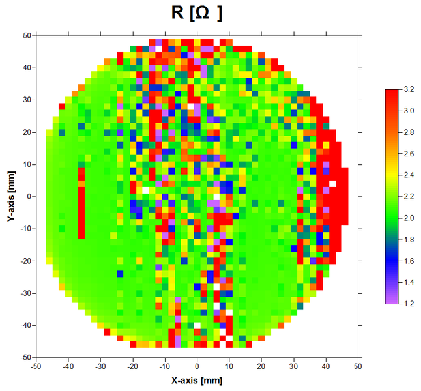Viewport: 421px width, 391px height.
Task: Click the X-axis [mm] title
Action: pos(196,379)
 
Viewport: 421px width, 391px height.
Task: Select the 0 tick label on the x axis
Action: pos(197,367)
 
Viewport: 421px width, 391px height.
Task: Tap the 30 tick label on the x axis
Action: pos(294,367)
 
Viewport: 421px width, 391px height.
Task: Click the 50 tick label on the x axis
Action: pos(358,367)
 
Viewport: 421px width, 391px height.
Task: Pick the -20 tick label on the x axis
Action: pos(132,367)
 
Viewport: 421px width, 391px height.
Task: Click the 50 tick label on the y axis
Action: pos(28,36)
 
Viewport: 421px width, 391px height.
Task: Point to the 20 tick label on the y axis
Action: pos(28,132)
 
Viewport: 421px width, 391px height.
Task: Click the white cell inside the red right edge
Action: pos(332,184)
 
